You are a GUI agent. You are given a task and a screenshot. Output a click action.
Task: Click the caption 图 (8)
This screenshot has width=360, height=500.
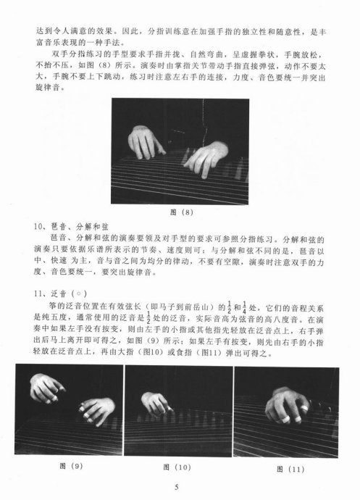tap(182, 212)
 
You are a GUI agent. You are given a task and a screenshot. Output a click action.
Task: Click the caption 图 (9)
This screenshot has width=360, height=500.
tap(71, 466)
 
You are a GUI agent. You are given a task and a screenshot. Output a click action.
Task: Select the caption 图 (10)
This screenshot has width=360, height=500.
tap(177, 467)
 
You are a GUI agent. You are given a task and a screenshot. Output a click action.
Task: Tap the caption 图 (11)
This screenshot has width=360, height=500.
tap(290, 469)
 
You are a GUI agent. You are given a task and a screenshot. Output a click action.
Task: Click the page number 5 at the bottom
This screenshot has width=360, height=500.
tap(177, 487)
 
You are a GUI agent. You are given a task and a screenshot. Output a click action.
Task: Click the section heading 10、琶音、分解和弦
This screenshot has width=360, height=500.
tap(71, 227)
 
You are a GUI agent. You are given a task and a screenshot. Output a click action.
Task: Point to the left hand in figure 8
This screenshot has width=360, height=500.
tap(145, 142)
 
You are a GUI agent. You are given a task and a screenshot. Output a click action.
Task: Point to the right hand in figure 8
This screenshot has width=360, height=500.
tap(206, 159)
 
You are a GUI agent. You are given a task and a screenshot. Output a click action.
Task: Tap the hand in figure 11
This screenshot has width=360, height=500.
tap(287, 405)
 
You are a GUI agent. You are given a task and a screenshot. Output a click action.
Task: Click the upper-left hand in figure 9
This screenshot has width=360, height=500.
tap(46, 388)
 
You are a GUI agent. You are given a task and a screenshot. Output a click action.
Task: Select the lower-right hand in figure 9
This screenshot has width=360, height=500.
tap(97, 410)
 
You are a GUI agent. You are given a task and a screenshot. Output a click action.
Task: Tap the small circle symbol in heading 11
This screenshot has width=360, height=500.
tap(78, 293)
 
